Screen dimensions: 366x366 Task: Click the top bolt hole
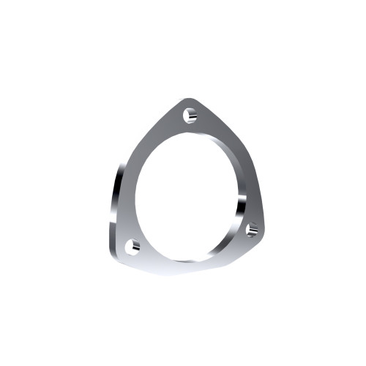click(x=190, y=116)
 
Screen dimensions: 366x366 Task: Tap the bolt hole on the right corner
click(x=253, y=230)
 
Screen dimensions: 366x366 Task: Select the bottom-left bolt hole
click(x=132, y=247)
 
